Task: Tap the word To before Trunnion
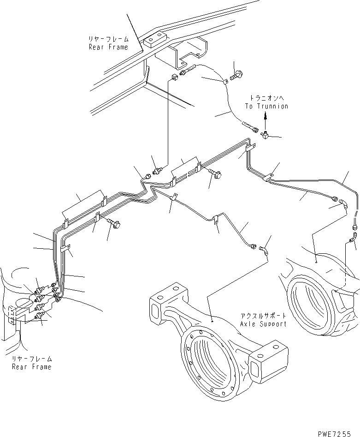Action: point(249,106)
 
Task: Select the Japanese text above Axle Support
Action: point(263,316)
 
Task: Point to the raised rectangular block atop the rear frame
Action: point(155,41)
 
